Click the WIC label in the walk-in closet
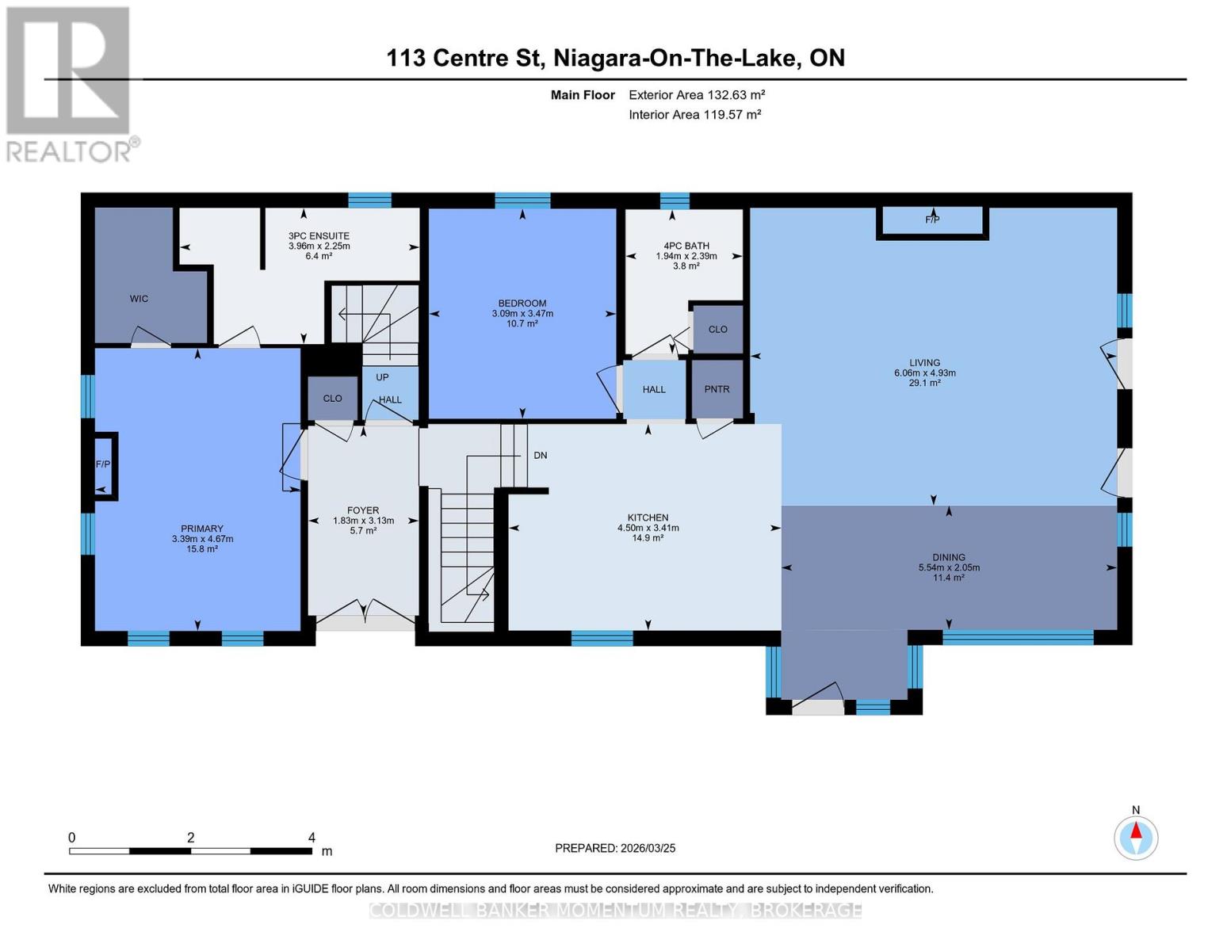coord(139,299)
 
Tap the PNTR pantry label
coord(717,389)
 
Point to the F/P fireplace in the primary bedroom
coord(103,465)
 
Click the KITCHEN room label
coord(648,518)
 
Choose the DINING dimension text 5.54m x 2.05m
coord(949,567)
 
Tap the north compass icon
coord(1136,837)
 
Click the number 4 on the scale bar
coord(312,838)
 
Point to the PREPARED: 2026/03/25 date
coord(615,848)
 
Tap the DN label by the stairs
coord(541,456)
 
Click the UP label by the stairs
coord(383,377)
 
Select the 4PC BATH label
coord(686,246)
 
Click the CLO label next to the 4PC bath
coord(717,330)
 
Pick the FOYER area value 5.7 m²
coord(363,530)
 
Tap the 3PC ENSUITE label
coord(319,236)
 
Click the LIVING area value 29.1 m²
coord(924,383)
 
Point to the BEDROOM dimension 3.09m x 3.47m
coord(522,314)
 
